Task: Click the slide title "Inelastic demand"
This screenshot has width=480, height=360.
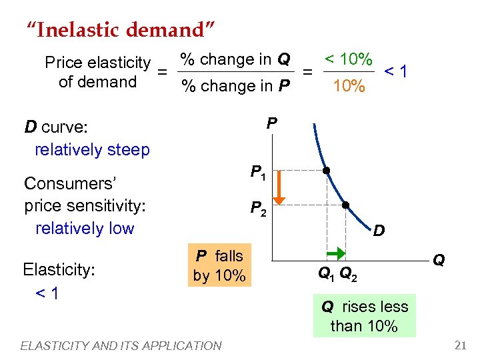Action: (120, 30)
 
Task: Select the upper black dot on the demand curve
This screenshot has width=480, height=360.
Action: (327, 171)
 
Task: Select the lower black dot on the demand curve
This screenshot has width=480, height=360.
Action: (346, 205)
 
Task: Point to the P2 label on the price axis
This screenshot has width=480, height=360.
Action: (258, 209)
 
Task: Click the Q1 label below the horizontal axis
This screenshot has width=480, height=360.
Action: (326, 273)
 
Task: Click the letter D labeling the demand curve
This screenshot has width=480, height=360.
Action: (378, 231)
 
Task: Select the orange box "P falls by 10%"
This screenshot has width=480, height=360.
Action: (219, 265)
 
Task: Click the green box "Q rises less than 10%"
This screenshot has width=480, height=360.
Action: (365, 316)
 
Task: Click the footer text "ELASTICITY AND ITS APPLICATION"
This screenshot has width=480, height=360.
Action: (121, 345)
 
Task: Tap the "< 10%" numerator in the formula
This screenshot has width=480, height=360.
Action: (348, 59)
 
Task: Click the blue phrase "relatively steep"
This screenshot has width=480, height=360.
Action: (92, 149)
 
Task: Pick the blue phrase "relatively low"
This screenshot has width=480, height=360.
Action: (85, 228)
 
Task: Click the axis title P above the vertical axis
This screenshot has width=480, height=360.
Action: (272, 123)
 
